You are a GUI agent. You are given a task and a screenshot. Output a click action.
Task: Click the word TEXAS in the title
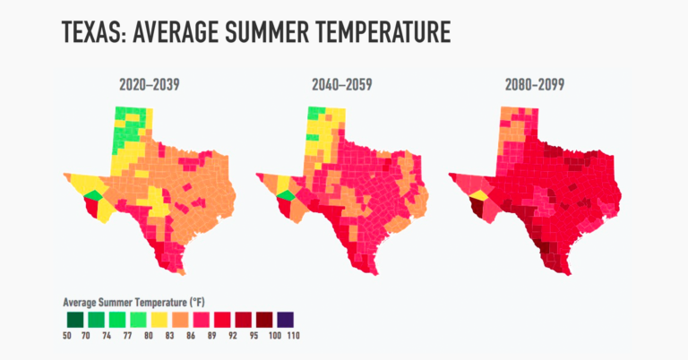(94, 32)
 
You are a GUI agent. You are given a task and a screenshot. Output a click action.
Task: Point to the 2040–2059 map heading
(344, 86)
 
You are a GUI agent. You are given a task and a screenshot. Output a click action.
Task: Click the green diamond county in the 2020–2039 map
(91, 195)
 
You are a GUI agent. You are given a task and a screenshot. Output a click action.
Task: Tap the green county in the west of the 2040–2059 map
(284, 196)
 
